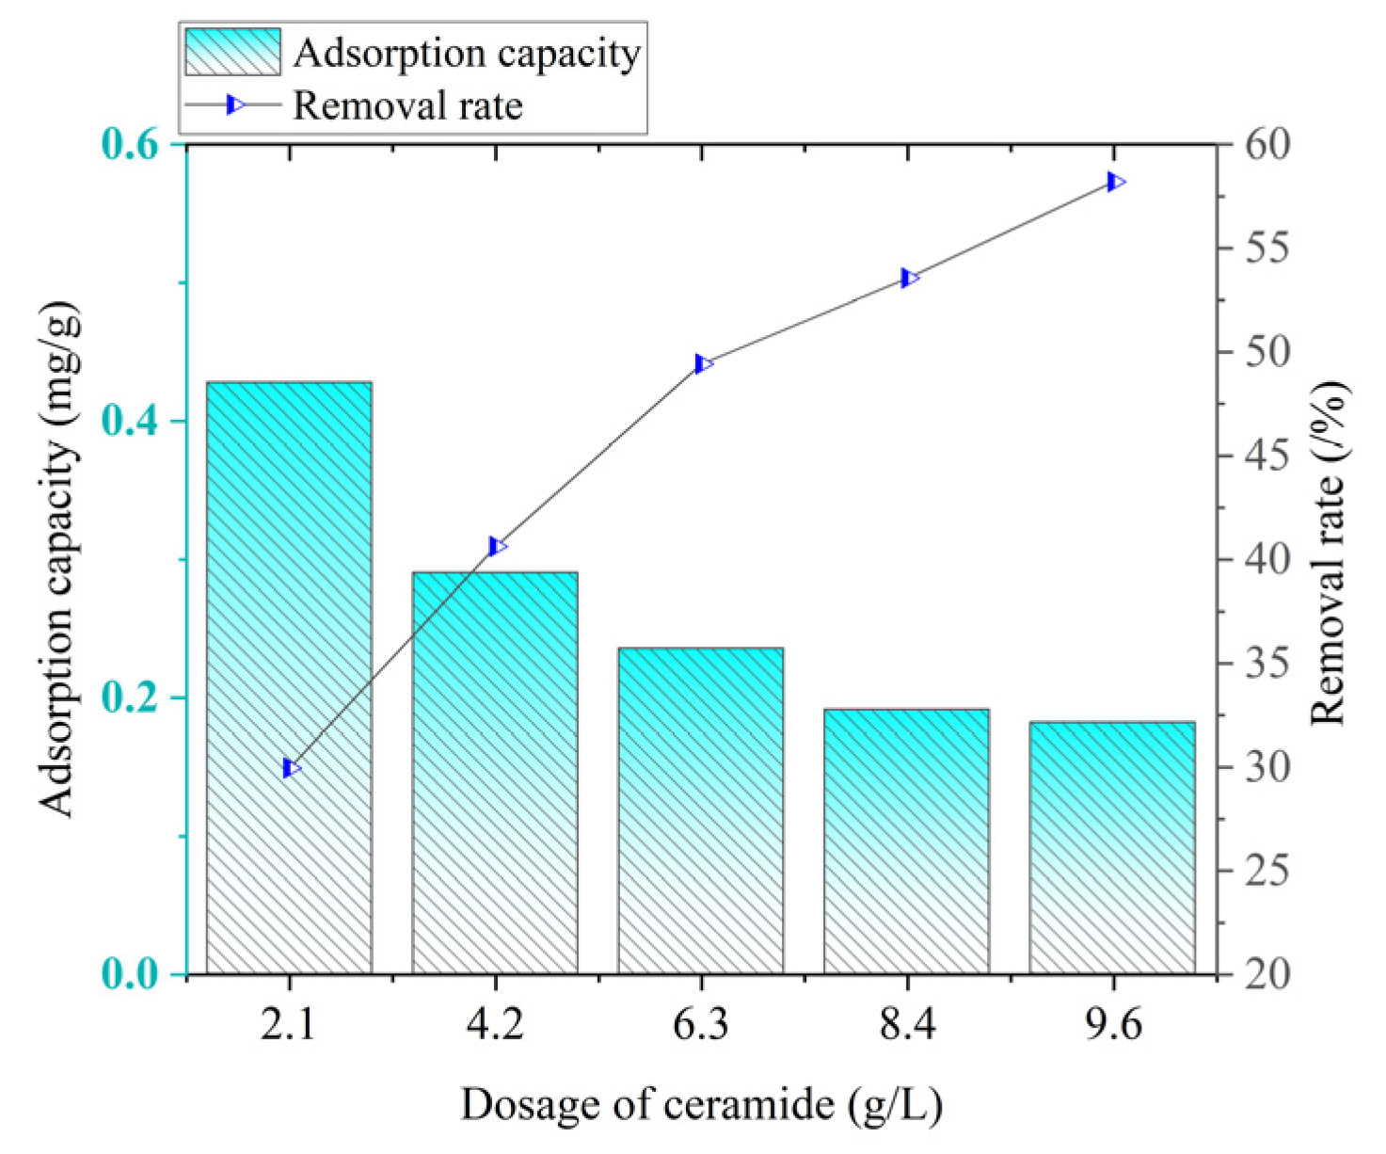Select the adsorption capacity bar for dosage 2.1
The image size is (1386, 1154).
(289, 678)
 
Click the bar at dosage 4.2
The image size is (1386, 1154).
(495, 772)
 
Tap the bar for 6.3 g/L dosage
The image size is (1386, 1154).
(701, 809)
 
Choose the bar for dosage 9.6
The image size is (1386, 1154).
(1112, 847)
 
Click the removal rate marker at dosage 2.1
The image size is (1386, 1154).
(291, 768)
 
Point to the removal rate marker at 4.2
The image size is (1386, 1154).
(497, 546)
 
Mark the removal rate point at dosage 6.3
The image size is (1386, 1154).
(703, 363)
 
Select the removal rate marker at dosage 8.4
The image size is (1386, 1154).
(908, 278)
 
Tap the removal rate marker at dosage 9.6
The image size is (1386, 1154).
(1115, 182)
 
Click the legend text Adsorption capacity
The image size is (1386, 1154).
(467, 53)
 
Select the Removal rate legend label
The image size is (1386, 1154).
(407, 104)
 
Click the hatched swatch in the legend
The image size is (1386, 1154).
(232, 52)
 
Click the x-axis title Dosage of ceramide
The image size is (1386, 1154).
(701, 1104)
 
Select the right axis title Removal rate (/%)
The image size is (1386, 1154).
(1330, 553)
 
